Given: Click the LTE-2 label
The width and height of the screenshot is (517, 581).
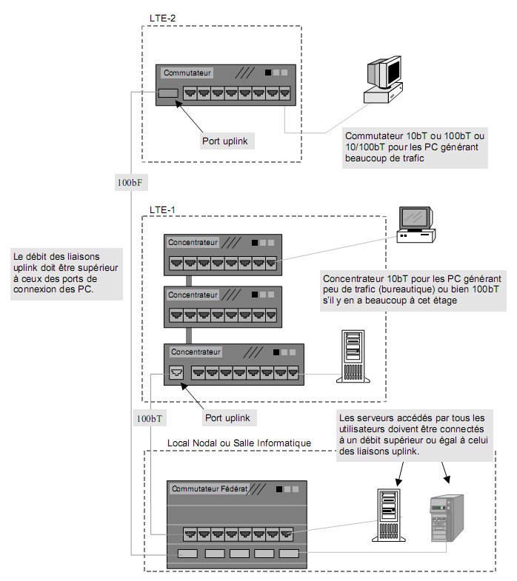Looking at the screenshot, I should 162,17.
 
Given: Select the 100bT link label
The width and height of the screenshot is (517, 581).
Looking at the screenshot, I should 149,419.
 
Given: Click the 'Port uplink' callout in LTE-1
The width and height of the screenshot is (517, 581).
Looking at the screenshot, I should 227,418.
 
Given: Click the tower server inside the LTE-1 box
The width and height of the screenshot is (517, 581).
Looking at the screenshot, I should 352,357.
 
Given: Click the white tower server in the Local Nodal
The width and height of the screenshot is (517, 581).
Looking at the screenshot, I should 387,514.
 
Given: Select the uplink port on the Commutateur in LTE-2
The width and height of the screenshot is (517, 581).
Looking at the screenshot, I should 168,93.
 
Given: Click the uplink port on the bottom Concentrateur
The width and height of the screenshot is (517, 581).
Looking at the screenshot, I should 176,372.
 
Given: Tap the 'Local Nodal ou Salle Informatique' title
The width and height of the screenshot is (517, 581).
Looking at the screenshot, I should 239,443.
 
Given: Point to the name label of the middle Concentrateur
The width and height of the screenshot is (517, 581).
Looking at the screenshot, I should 193,295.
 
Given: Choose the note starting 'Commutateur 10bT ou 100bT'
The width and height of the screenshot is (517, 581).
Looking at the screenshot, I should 416,147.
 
